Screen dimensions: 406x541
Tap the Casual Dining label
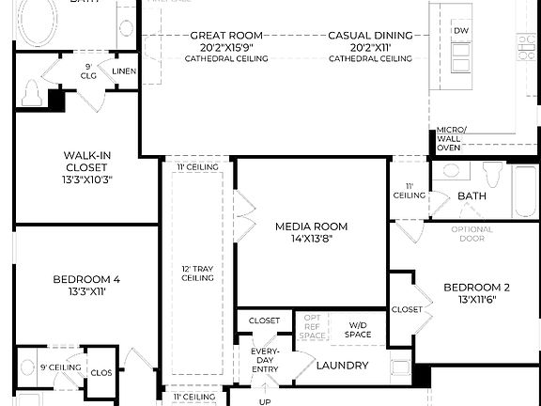[x=370, y=36]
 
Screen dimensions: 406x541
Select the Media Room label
[x=311, y=226]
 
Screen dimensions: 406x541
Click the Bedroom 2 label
[x=476, y=288]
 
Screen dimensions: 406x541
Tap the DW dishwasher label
[x=460, y=31]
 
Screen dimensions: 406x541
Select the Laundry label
[x=342, y=366]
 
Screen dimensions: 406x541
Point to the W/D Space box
[x=358, y=329]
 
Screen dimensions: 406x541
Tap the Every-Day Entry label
[x=264, y=361]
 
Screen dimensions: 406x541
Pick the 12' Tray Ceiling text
[x=198, y=273]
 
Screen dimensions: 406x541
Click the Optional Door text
[x=471, y=234]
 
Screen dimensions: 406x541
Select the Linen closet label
[x=123, y=71]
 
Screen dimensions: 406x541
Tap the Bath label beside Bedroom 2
[x=471, y=196]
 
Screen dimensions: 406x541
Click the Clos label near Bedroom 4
[x=101, y=373]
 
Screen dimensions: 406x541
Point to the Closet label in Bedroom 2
[x=407, y=309]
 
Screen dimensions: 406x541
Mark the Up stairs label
[x=265, y=401]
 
